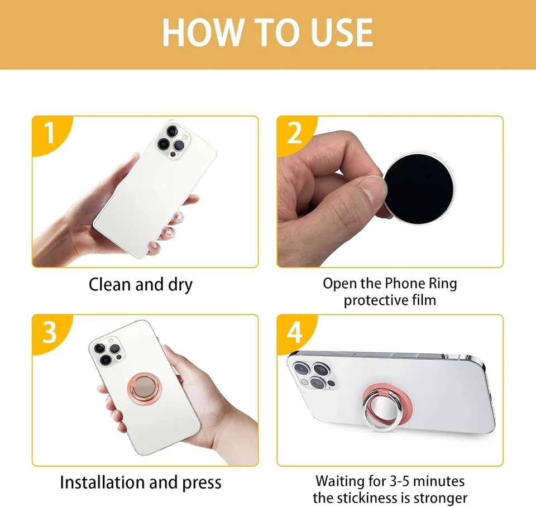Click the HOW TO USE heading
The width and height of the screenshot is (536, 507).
point(267,32)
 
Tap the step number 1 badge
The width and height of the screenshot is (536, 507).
point(49,134)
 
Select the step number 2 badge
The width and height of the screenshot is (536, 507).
point(294,134)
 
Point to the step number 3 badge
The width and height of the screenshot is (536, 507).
point(49,333)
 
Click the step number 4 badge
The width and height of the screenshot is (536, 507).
point(294,333)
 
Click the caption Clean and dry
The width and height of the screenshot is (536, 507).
point(141,285)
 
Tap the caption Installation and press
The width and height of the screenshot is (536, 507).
point(141,482)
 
